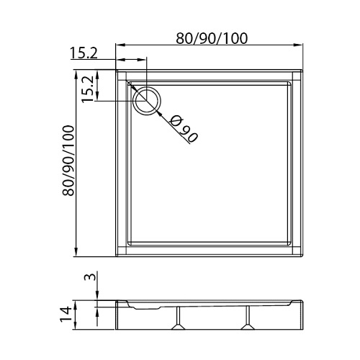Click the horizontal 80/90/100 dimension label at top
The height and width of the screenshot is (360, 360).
[x=212, y=38]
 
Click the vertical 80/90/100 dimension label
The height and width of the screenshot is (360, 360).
[x=68, y=161]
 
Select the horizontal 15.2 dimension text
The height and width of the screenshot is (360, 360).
[x=84, y=53]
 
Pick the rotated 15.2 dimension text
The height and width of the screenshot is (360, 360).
[x=87, y=89]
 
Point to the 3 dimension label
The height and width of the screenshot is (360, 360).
[x=90, y=276]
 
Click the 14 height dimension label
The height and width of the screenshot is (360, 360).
[x=66, y=315]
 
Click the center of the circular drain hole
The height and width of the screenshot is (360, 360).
[x=147, y=101]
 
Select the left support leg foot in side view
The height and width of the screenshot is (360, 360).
[x=178, y=327]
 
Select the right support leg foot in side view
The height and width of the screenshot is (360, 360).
[x=248, y=327]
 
